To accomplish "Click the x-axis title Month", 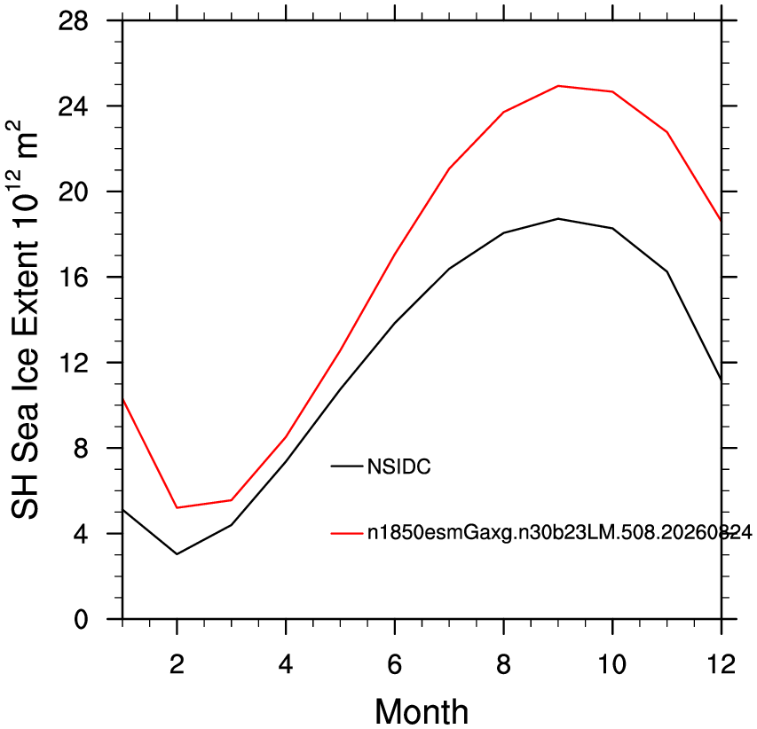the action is pyautogui.click(x=422, y=711).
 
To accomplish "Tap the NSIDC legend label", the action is pyautogui.click(x=398, y=466).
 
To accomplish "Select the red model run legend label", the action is pyautogui.click(x=560, y=533).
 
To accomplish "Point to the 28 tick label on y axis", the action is pyautogui.click(x=74, y=21).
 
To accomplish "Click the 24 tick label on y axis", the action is pyautogui.click(x=74, y=106).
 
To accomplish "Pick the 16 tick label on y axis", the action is pyautogui.click(x=74, y=278).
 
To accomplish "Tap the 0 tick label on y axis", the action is pyautogui.click(x=82, y=620).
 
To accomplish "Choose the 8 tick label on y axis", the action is pyautogui.click(x=82, y=448).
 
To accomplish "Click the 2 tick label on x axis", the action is pyautogui.click(x=177, y=664).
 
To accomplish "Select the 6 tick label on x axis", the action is pyautogui.click(x=395, y=664).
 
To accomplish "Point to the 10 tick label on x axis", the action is pyautogui.click(x=612, y=664).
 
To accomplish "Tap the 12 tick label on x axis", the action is pyautogui.click(x=722, y=664).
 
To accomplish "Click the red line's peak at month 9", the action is pyautogui.click(x=558, y=86).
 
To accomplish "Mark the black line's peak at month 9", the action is pyautogui.click(x=558, y=218).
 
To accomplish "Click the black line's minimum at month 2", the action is pyautogui.click(x=177, y=554).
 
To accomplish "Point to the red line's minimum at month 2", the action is pyautogui.click(x=177, y=507).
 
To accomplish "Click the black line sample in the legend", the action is pyautogui.click(x=346, y=466).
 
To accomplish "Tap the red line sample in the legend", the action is pyautogui.click(x=346, y=533).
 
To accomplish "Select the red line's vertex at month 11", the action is pyautogui.click(x=667, y=132).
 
